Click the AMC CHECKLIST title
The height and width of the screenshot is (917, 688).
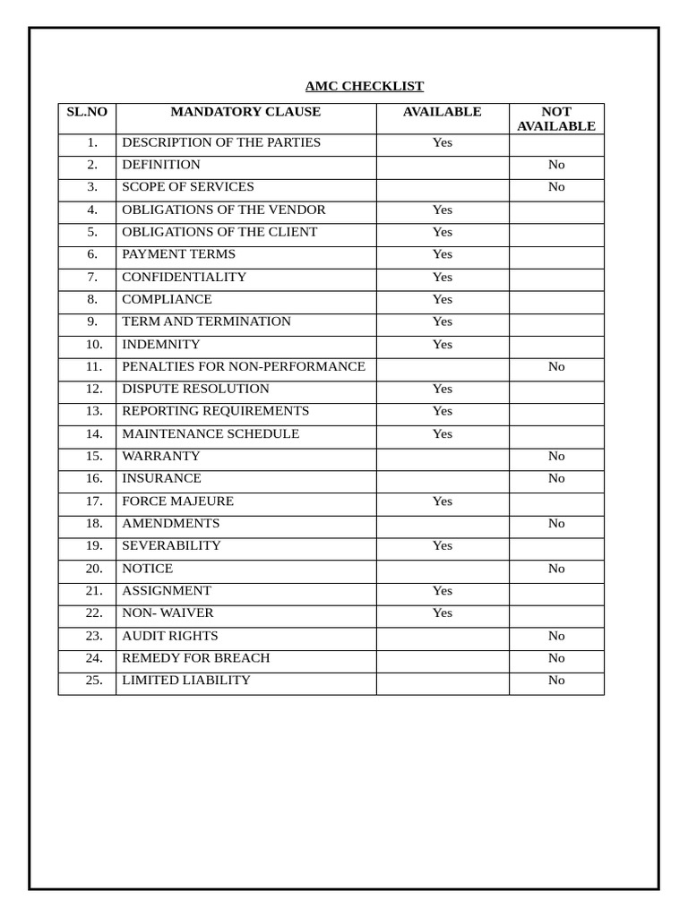click(364, 86)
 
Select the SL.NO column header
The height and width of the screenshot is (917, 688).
click(87, 112)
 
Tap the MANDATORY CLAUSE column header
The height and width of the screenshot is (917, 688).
click(245, 112)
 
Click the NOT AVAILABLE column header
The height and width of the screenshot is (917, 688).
click(556, 119)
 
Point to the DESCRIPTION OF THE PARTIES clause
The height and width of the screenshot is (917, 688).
click(221, 142)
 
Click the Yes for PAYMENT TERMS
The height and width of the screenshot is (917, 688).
click(443, 254)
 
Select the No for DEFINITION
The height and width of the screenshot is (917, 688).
click(556, 165)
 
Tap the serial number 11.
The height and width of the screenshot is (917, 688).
click(94, 366)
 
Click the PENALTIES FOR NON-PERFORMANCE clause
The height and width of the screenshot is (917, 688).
click(244, 366)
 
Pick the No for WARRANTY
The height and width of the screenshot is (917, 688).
click(556, 456)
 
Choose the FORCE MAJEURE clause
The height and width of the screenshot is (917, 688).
click(178, 501)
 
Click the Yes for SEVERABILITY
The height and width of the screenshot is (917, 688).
click(443, 545)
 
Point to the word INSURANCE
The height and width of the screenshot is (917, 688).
click(162, 478)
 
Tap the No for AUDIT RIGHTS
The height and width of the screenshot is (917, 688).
click(556, 636)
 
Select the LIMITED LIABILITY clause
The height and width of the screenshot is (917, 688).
click(186, 680)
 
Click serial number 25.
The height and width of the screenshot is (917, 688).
click(94, 680)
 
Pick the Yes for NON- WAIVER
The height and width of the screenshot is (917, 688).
click(443, 613)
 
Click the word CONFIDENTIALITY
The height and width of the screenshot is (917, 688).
click(185, 277)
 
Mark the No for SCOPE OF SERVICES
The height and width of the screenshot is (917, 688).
click(556, 186)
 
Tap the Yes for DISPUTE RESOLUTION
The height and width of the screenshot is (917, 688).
click(443, 389)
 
